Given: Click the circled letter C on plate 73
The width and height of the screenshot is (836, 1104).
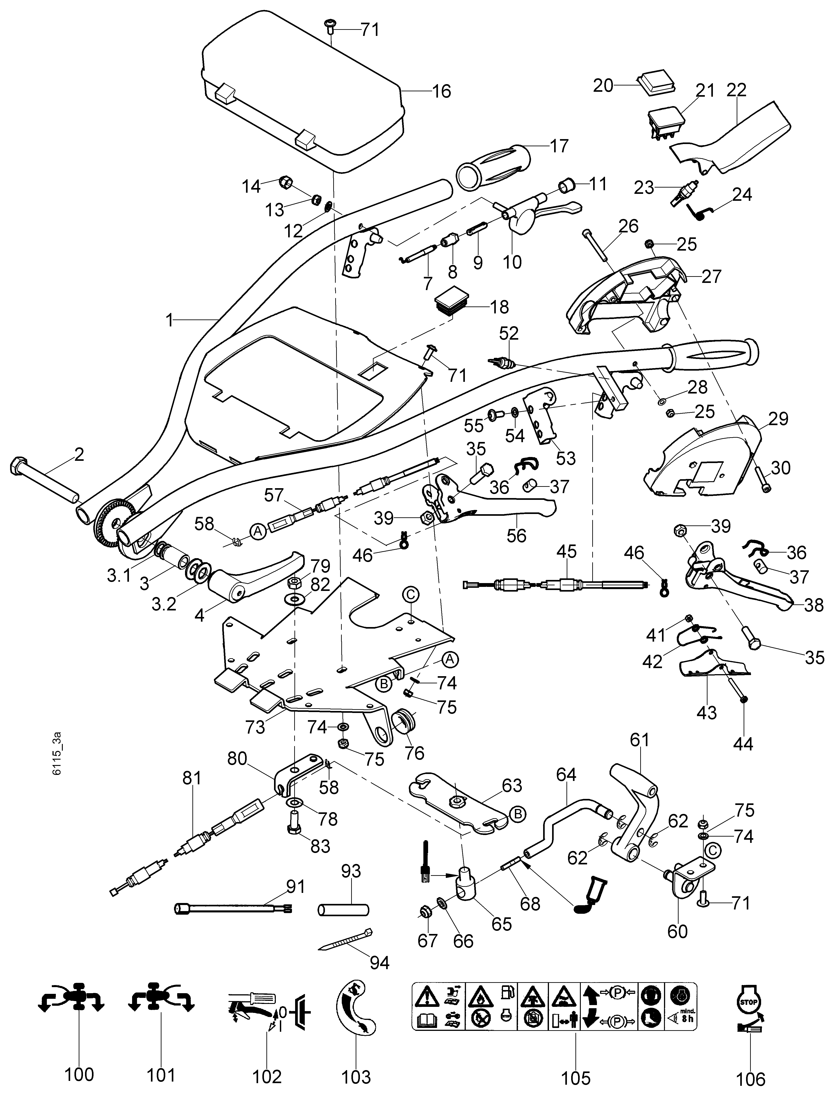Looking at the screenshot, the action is pyautogui.click(x=411, y=595).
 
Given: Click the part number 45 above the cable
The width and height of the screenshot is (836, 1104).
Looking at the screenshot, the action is pyautogui.click(x=566, y=551).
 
